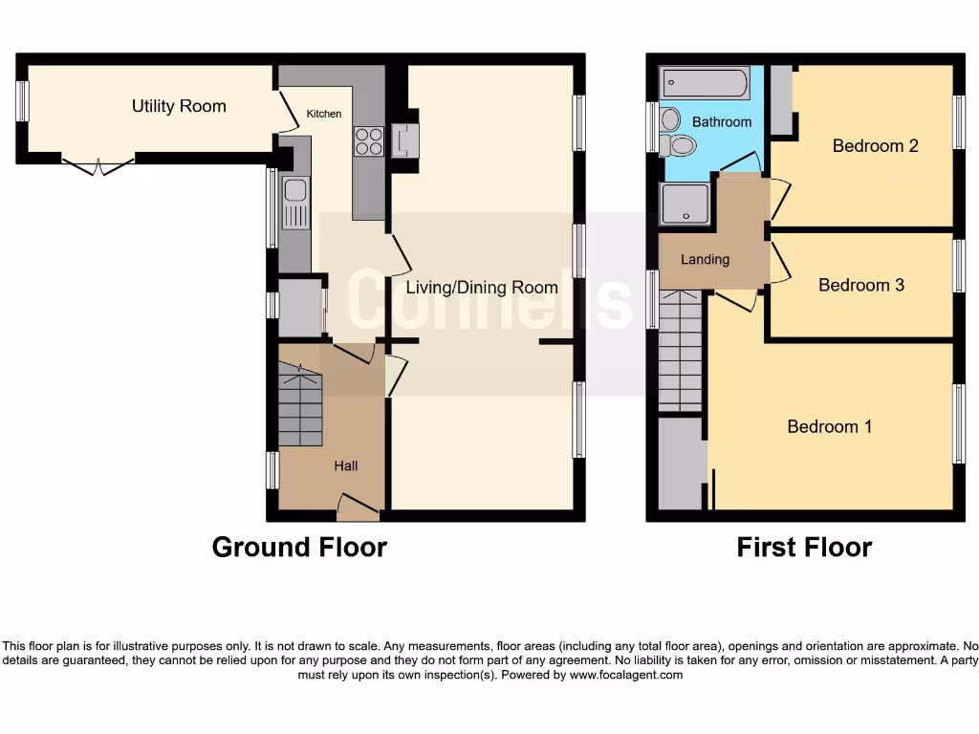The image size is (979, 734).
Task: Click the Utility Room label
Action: tap(179, 106)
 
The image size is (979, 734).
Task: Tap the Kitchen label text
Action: tap(323, 114)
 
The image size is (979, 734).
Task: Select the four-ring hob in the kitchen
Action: tap(370, 141)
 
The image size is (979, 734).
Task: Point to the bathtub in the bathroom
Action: tap(704, 84)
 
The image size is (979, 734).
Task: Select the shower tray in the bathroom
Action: tap(685, 203)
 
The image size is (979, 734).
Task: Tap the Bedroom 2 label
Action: tap(875, 145)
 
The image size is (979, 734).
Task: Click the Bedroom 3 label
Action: tap(860, 285)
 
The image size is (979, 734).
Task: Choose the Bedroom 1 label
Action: tap(829, 426)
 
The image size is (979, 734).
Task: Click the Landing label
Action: tap(705, 259)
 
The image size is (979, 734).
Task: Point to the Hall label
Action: tap(345, 465)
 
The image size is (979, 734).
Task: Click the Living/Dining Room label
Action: tap(481, 287)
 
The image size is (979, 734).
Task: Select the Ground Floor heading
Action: tap(299, 547)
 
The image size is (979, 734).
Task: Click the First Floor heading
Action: tap(804, 547)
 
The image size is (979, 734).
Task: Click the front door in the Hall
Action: tap(357, 507)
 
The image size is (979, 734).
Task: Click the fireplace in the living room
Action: tap(405, 140)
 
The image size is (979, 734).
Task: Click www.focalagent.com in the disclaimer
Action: tap(625, 675)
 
